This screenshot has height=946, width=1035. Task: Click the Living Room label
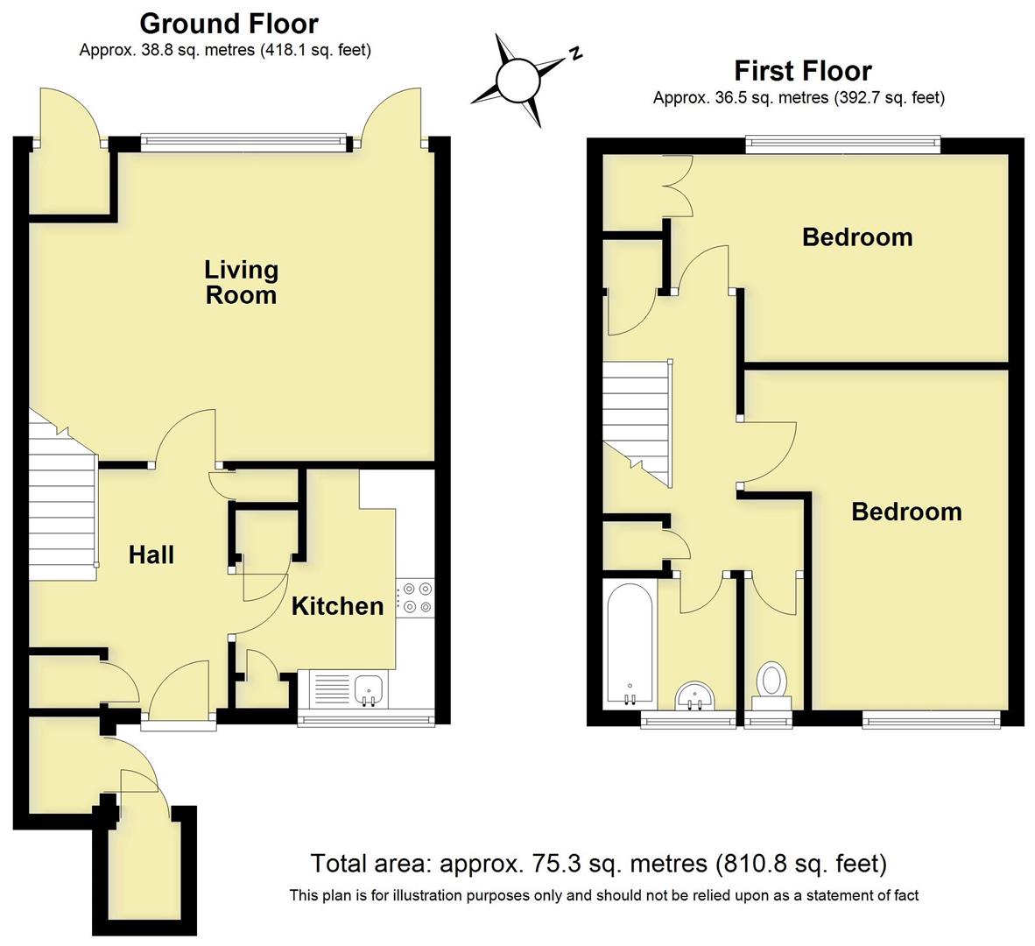point(241,282)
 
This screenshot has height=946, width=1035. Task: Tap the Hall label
point(151,554)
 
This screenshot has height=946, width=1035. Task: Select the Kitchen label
point(337,606)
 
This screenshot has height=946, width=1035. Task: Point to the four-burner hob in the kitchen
point(416,597)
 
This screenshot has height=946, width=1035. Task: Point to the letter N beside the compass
point(575,54)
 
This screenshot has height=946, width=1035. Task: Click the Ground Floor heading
point(229,23)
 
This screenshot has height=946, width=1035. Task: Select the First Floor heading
point(802,70)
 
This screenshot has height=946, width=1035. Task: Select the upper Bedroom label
point(857,237)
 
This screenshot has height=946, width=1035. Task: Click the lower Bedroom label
point(906,512)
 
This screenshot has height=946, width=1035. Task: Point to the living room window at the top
point(244,139)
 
